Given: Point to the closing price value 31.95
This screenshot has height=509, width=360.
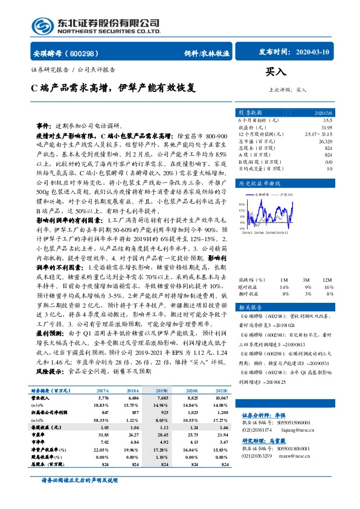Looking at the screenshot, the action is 327,128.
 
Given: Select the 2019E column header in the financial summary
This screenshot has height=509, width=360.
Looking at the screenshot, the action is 162,391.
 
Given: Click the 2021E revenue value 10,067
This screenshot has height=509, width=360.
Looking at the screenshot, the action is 223,398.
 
